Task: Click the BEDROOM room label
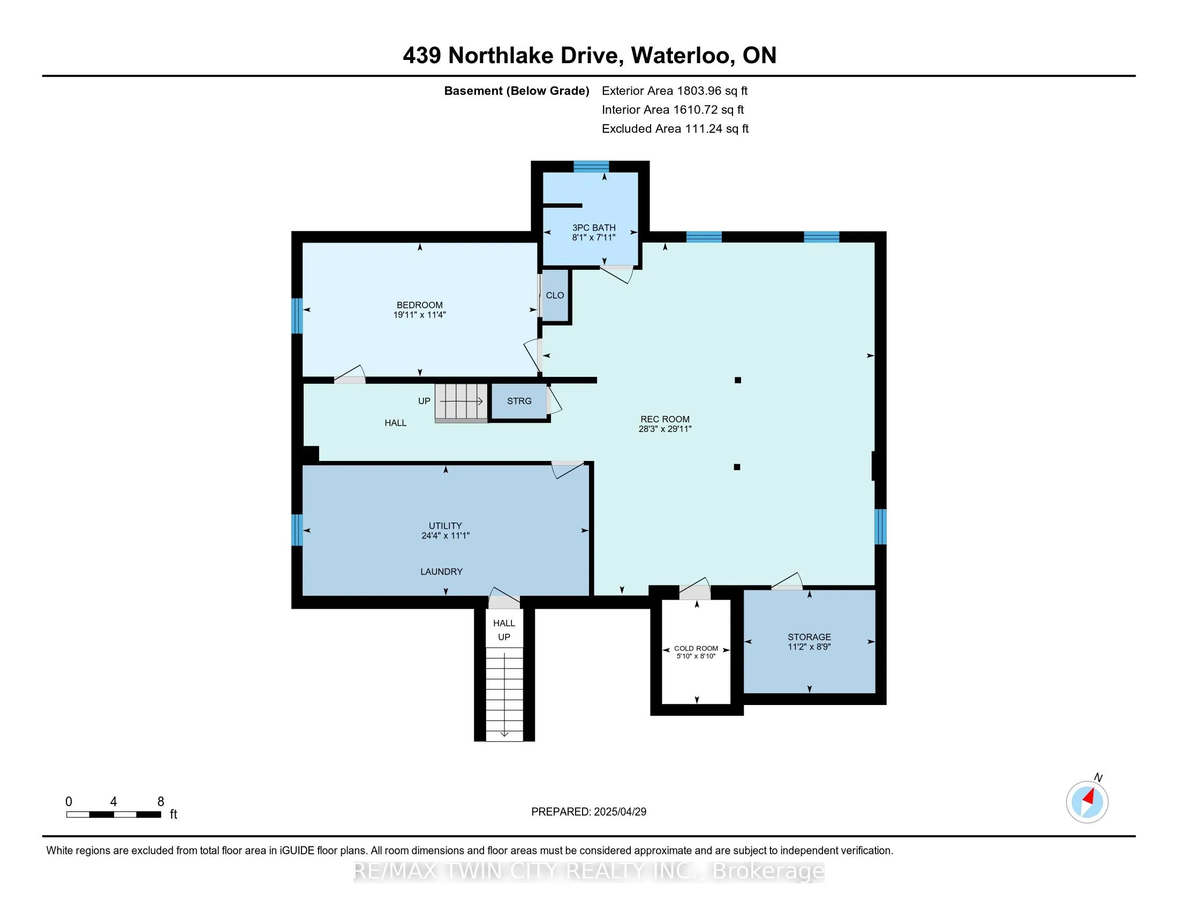(419, 305)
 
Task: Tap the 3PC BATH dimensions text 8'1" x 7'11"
(593, 237)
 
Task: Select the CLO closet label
(555, 295)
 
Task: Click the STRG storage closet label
(519, 401)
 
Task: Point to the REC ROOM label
(664, 419)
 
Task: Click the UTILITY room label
(445, 526)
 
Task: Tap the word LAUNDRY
(441, 572)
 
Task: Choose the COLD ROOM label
(696, 649)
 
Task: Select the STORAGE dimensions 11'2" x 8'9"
(809, 647)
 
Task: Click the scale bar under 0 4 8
(114, 815)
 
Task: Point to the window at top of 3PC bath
(591, 166)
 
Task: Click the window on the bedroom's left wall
(297, 316)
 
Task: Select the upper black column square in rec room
(738, 380)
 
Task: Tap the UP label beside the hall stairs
(424, 401)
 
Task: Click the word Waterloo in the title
(682, 56)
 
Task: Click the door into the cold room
(694, 589)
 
